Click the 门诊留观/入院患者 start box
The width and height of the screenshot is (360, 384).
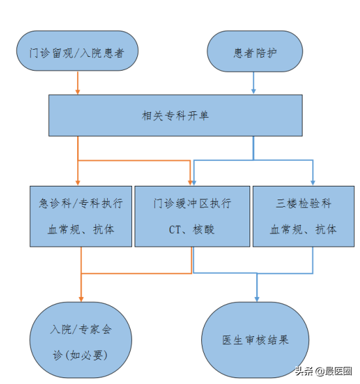pos(77,51)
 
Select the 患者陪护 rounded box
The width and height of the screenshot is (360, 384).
pos(255,51)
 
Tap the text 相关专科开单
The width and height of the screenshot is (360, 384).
pos(175,116)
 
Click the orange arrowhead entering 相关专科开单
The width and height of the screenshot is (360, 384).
pos(78,92)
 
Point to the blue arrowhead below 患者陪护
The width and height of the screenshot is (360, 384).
pos(254,91)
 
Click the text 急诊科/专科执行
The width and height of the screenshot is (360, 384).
pos(81,203)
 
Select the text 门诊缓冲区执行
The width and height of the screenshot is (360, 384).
pos(192,203)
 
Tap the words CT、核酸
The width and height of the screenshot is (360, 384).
pos(191,230)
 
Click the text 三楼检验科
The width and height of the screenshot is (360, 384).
pos(304,203)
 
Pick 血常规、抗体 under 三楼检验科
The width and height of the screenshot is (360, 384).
pos(303,230)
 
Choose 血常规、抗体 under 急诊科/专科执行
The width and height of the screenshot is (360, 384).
pos(81,230)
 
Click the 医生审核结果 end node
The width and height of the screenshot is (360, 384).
pos(255,340)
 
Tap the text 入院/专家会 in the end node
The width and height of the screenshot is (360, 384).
pos(81,330)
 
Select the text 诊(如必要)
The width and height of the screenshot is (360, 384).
pos(80,355)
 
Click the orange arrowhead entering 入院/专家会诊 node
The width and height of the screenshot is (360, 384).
pos(81,299)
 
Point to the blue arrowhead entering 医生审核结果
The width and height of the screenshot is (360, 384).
pos(257,299)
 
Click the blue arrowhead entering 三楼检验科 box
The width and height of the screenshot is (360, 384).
pos(313,183)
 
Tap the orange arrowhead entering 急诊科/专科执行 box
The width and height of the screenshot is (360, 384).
pos(78,183)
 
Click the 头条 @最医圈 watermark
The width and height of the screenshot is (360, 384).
pos(323,372)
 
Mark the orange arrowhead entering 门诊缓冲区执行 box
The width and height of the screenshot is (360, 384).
pos(190,183)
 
